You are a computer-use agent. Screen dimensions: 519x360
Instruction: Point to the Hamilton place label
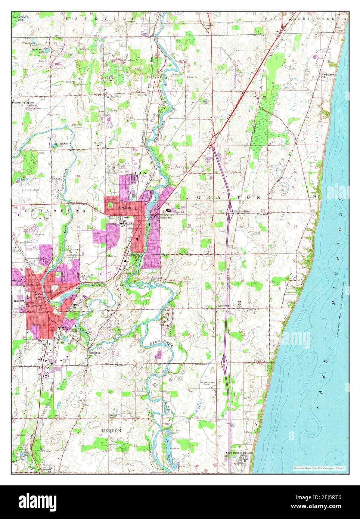(94, 352)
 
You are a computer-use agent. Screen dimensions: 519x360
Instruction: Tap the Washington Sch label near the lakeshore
(328, 75)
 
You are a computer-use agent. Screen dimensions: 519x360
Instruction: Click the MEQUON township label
(111, 431)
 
